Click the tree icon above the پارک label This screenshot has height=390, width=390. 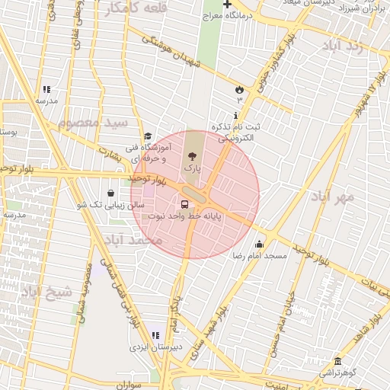click(190, 155)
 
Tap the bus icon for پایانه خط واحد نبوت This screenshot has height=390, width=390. click(184, 204)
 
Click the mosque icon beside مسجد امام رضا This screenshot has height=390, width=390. click(260, 245)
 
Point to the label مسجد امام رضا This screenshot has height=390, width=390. click(261, 256)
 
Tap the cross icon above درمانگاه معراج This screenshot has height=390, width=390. click(226, 5)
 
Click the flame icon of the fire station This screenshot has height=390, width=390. click(239, 88)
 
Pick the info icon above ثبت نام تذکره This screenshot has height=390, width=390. click(235, 114)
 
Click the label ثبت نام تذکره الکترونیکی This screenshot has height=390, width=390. click(240, 133)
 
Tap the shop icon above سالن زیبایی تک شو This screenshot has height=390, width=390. click(112, 193)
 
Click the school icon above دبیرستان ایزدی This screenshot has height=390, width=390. click(155, 334)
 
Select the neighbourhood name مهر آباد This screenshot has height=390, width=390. click(333, 197)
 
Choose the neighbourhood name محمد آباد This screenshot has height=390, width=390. click(136, 241)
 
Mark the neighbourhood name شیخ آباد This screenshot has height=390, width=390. click(46, 291)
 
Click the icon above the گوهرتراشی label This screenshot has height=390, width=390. click(337, 360)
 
